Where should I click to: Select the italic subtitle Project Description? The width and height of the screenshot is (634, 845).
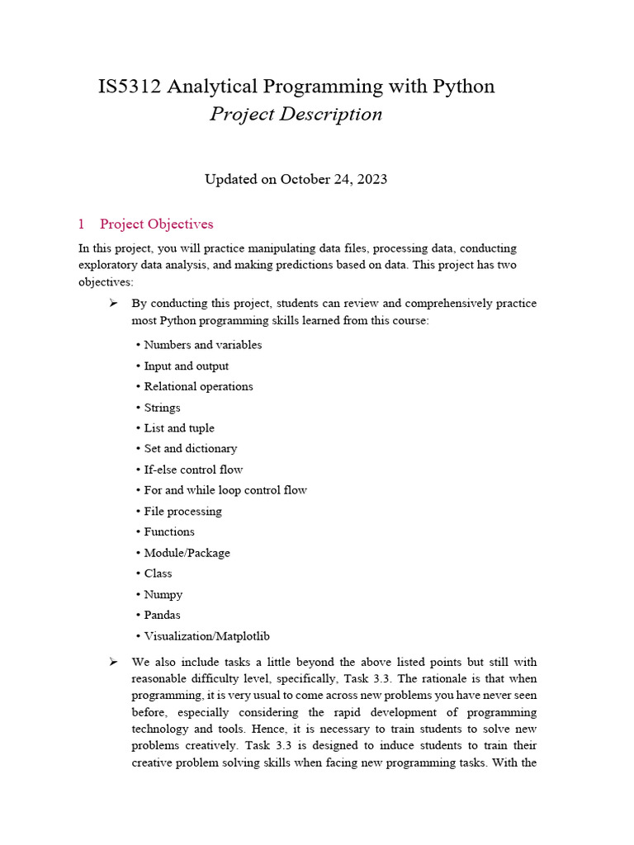tap(296, 114)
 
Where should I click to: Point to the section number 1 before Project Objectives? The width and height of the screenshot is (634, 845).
tap(82, 224)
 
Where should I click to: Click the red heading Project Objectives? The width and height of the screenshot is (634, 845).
tap(156, 224)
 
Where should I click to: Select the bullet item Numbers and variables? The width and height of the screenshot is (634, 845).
tap(202, 345)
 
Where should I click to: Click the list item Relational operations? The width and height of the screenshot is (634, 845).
tap(198, 386)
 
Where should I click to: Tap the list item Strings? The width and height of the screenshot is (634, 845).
tap(162, 408)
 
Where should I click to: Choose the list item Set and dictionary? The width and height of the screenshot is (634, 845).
tap(190, 449)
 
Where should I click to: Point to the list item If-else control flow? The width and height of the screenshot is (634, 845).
tap(193, 470)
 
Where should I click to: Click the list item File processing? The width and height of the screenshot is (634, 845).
tap(182, 512)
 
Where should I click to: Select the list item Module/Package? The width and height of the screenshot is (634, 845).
tap(187, 553)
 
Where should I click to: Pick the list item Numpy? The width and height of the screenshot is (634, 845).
tap(163, 594)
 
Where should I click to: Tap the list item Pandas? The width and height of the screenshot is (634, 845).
tap(162, 615)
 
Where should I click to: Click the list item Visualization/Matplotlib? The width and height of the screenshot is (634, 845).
tap(206, 636)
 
